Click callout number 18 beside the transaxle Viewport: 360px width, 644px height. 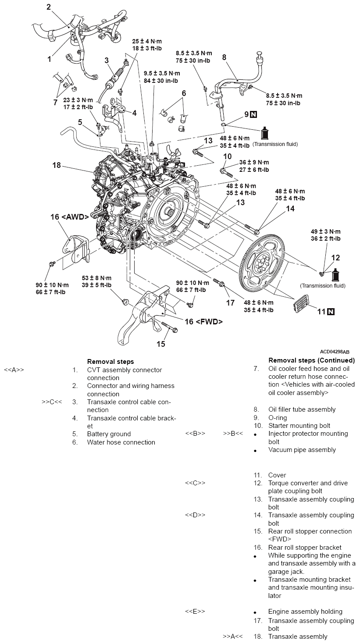[x=57, y=165]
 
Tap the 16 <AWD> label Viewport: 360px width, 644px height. [x=71, y=217]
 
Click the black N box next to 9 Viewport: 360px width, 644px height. [x=253, y=115]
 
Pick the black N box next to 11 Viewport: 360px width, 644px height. [x=331, y=312]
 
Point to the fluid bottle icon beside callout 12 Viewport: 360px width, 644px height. [x=335, y=275]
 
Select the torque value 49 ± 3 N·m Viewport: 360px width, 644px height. [x=325, y=231]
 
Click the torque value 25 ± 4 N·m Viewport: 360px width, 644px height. [x=147, y=42]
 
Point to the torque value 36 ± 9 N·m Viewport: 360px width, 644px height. [x=254, y=162]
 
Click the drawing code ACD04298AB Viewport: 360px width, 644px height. [x=335, y=352]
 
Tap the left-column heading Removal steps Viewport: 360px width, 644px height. [x=110, y=362]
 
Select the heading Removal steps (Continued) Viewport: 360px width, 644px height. [x=311, y=360]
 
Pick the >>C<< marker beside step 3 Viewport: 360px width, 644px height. [x=52, y=402]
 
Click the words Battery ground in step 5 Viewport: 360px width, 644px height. [x=109, y=434]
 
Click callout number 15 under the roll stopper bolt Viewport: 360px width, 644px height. [x=161, y=344]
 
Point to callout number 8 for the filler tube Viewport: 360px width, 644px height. [x=224, y=57]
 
